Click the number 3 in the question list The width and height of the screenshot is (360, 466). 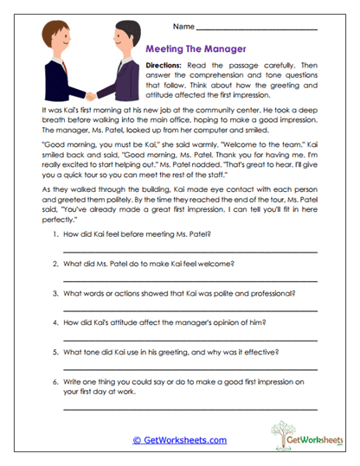pos(55,293)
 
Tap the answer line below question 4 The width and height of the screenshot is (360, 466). pos(190,338)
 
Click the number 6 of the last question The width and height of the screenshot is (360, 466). pos(55,381)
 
